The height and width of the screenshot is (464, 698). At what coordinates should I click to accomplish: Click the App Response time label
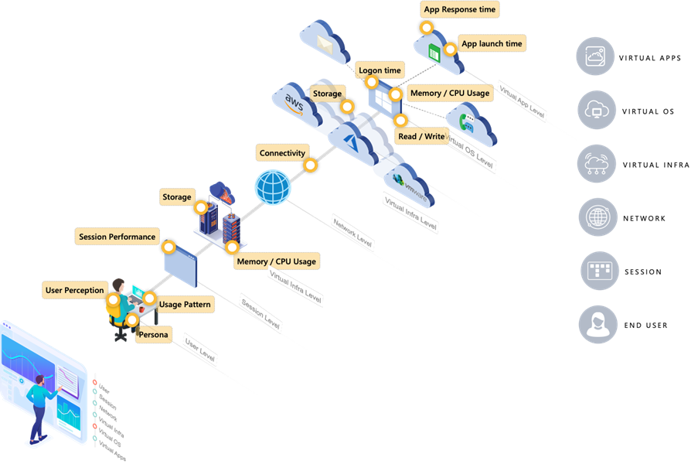coord(460,10)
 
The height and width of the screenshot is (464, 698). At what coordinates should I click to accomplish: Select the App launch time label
coord(492,44)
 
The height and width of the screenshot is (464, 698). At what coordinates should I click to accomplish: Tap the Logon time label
coord(380,70)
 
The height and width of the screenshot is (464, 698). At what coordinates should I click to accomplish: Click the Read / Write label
coord(421,136)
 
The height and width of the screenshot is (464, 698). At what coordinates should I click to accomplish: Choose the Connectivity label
coord(282,153)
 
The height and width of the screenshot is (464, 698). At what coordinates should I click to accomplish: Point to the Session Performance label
coord(117,237)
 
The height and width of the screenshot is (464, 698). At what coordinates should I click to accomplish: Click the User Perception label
coord(75,290)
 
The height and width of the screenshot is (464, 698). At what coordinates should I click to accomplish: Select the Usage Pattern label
coord(185,304)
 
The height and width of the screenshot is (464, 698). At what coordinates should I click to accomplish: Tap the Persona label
coord(153,336)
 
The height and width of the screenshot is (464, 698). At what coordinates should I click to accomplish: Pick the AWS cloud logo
coord(295,101)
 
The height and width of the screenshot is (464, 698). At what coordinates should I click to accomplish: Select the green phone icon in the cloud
coord(467,122)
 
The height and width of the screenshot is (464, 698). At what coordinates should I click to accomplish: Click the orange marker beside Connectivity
coord(310,165)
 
